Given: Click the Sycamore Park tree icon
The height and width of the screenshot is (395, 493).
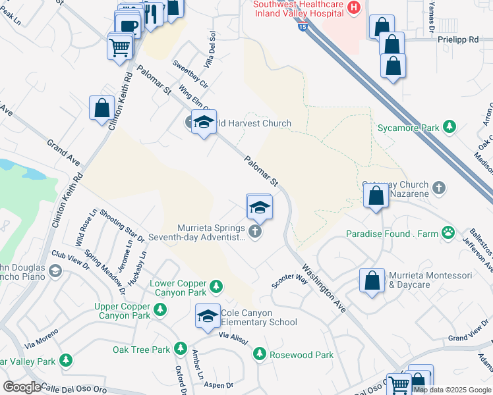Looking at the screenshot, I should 449,127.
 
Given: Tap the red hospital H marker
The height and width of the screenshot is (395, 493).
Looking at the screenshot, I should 354,8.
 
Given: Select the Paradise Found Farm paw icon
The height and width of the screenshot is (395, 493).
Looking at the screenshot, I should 448,232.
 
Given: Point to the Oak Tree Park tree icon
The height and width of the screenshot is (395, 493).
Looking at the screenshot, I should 180,350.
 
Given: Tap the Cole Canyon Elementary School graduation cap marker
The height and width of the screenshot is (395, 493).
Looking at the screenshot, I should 208,317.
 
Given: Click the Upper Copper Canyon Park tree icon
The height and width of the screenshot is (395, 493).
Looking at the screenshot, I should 159,309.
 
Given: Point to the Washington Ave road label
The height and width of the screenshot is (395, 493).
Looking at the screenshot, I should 325,288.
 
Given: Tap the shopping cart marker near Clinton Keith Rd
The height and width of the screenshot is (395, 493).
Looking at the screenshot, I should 120,46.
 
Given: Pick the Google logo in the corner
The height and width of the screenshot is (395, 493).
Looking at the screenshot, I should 22,386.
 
